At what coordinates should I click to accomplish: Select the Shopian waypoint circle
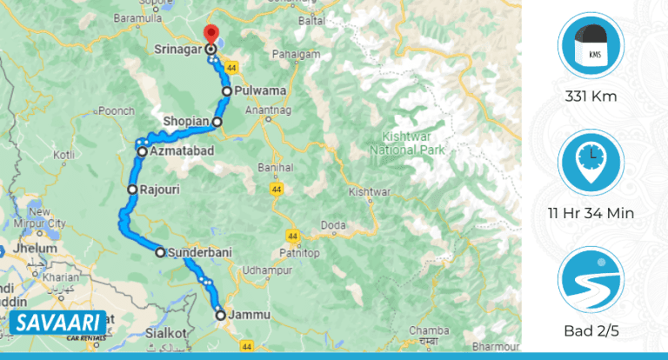[x=217, y=122]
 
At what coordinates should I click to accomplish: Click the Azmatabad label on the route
[x=182, y=152]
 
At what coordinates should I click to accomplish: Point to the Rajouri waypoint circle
[x=132, y=189]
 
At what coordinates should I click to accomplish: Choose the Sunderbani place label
[x=199, y=253]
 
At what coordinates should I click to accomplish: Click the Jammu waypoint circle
[x=221, y=315]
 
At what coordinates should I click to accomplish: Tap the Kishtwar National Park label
[x=407, y=143]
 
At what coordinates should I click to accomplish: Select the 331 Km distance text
[x=591, y=96]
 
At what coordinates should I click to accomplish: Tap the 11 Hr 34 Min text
[x=591, y=213]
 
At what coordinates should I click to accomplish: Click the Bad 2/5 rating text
[x=591, y=331]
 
